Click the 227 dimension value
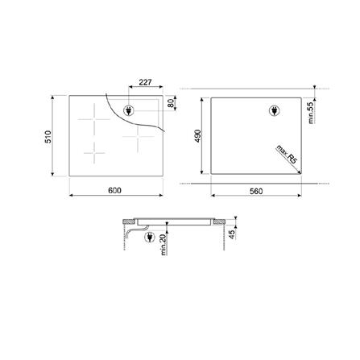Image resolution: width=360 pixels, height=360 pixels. click(146, 82)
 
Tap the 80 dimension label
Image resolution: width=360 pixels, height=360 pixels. click(172, 103)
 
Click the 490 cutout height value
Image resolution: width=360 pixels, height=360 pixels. click(196, 137)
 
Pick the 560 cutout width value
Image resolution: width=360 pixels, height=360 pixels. click(256, 190)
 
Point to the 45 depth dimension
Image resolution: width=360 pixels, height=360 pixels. click(233, 234)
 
